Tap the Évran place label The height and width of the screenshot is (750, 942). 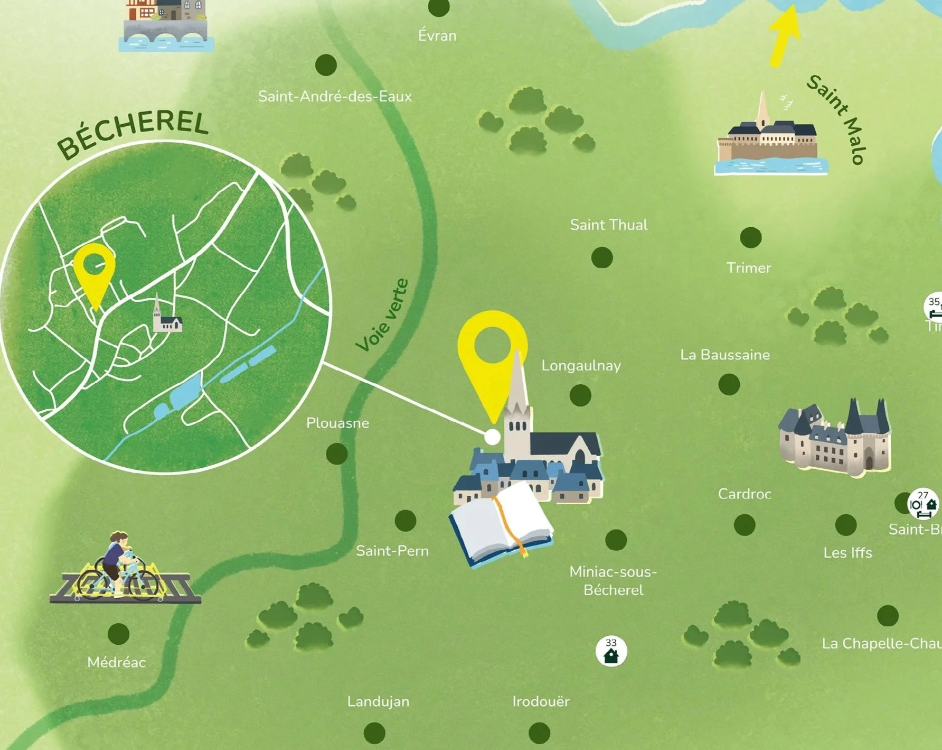(x=437, y=36)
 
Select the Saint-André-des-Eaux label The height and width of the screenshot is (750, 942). (x=335, y=97)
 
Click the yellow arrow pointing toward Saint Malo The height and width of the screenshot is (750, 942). (x=784, y=38)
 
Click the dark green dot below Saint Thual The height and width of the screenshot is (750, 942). (x=602, y=257)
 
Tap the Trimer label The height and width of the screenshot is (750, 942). (x=748, y=268)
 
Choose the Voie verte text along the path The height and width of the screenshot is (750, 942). (x=383, y=316)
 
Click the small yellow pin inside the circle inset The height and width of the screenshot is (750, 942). (x=95, y=272)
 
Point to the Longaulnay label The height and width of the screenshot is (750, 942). (x=581, y=366)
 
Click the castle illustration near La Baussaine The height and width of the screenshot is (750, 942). (x=835, y=438)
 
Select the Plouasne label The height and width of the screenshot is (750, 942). (x=337, y=423)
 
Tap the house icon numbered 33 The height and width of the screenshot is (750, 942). (x=611, y=652)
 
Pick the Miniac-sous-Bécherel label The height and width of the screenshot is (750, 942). (x=613, y=580)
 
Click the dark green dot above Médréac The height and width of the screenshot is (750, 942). (x=118, y=634)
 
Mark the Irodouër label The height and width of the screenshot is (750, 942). (x=541, y=701)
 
